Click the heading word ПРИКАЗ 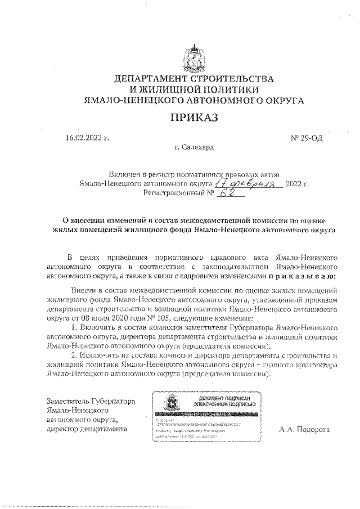click(x=193, y=118)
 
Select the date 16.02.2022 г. click(x=87, y=137)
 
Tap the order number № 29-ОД click(x=305, y=137)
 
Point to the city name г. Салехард click(x=194, y=147)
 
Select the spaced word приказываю click(x=302, y=277)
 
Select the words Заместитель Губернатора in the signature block click(x=91, y=402)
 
